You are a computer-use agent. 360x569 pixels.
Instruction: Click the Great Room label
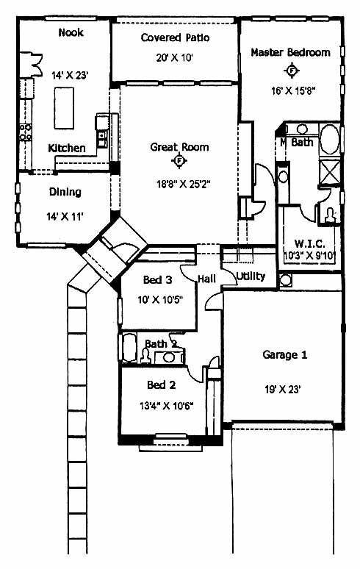pos(179,147)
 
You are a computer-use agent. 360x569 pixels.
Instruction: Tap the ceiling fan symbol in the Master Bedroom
pos(292,71)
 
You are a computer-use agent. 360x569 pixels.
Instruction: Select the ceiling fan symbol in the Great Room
pos(179,160)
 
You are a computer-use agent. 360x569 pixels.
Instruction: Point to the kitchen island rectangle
pos(64,108)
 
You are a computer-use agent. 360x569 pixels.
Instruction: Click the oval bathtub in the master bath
pos(330,139)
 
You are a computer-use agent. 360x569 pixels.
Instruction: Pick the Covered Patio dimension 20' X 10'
pos(174,57)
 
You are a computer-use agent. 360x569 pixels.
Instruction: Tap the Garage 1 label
pos(284,354)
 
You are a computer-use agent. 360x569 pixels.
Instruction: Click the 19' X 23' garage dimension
pos(283,390)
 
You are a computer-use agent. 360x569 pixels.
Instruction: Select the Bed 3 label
pos(158,280)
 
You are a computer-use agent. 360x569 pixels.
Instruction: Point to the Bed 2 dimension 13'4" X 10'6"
pos(166,405)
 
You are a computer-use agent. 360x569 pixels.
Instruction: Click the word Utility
pos(251,276)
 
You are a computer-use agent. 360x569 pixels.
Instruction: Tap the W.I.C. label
pos(309,243)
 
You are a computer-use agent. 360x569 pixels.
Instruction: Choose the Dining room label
pos(65,192)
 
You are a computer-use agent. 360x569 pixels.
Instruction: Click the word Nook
pos(71,32)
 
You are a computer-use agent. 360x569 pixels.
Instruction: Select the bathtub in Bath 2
pos(129,348)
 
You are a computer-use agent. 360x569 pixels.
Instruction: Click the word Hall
pos(206,279)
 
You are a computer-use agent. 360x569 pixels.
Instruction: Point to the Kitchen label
pos(67,148)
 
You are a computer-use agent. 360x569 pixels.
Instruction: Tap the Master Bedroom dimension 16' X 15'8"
pos(294,90)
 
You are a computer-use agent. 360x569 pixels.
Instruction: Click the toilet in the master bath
pos(331,215)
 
